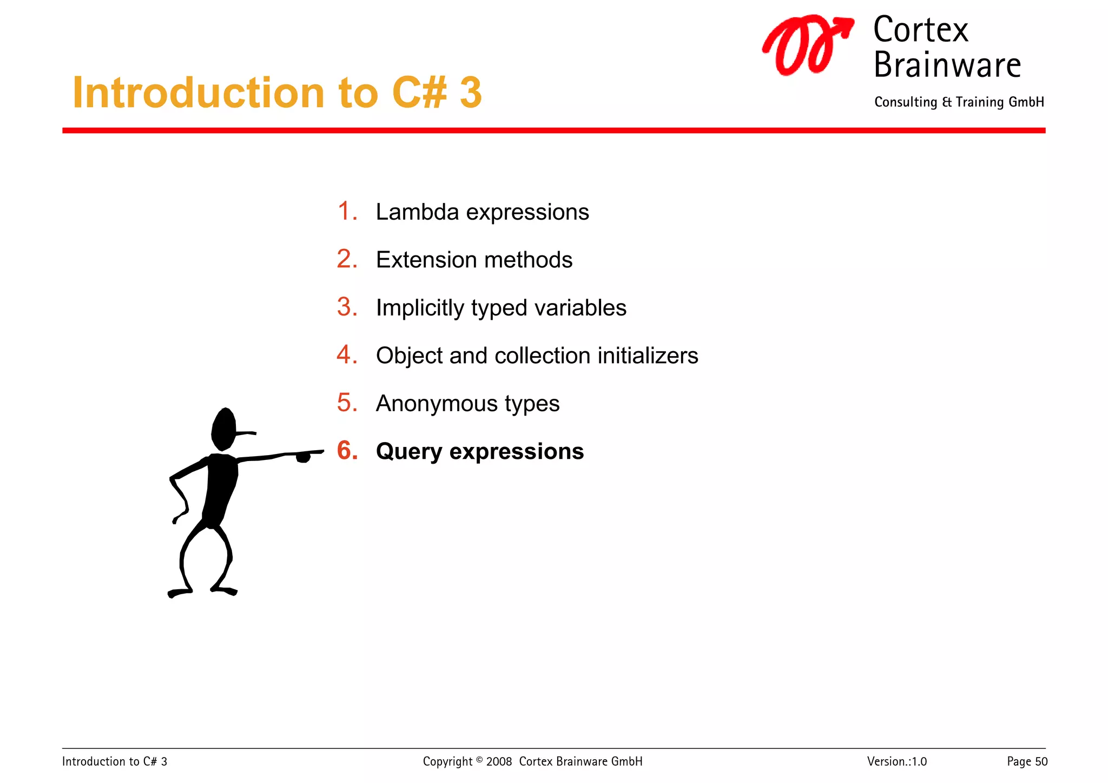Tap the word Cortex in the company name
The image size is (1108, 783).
click(x=920, y=30)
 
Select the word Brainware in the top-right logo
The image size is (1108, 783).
click(x=947, y=65)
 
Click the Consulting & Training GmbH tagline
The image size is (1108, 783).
click(x=959, y=102)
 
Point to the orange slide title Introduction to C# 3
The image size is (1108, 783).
click(x=277, y=93)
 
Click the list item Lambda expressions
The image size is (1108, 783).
click(x=482, y=212)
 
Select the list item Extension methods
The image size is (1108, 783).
click(x=474, y=260)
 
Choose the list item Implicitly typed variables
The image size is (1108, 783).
click(x=501, y=308)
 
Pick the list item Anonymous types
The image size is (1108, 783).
click(x=467, y=404)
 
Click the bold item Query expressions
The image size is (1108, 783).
click(x=479, y=451)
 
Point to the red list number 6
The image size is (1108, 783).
click(x=347, y=451)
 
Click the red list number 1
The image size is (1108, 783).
click(x=347, y=211)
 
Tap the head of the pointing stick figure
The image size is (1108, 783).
click(x=224, y=429)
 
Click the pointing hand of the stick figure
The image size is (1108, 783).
click(x=304, y=457)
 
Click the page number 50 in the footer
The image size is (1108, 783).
click(x=1041, y=762)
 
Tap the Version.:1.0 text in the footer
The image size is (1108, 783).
click(x=896, y=762)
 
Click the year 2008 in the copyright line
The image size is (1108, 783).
click(x=499, y=762)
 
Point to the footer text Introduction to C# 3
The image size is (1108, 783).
click(x=115, y=762)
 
